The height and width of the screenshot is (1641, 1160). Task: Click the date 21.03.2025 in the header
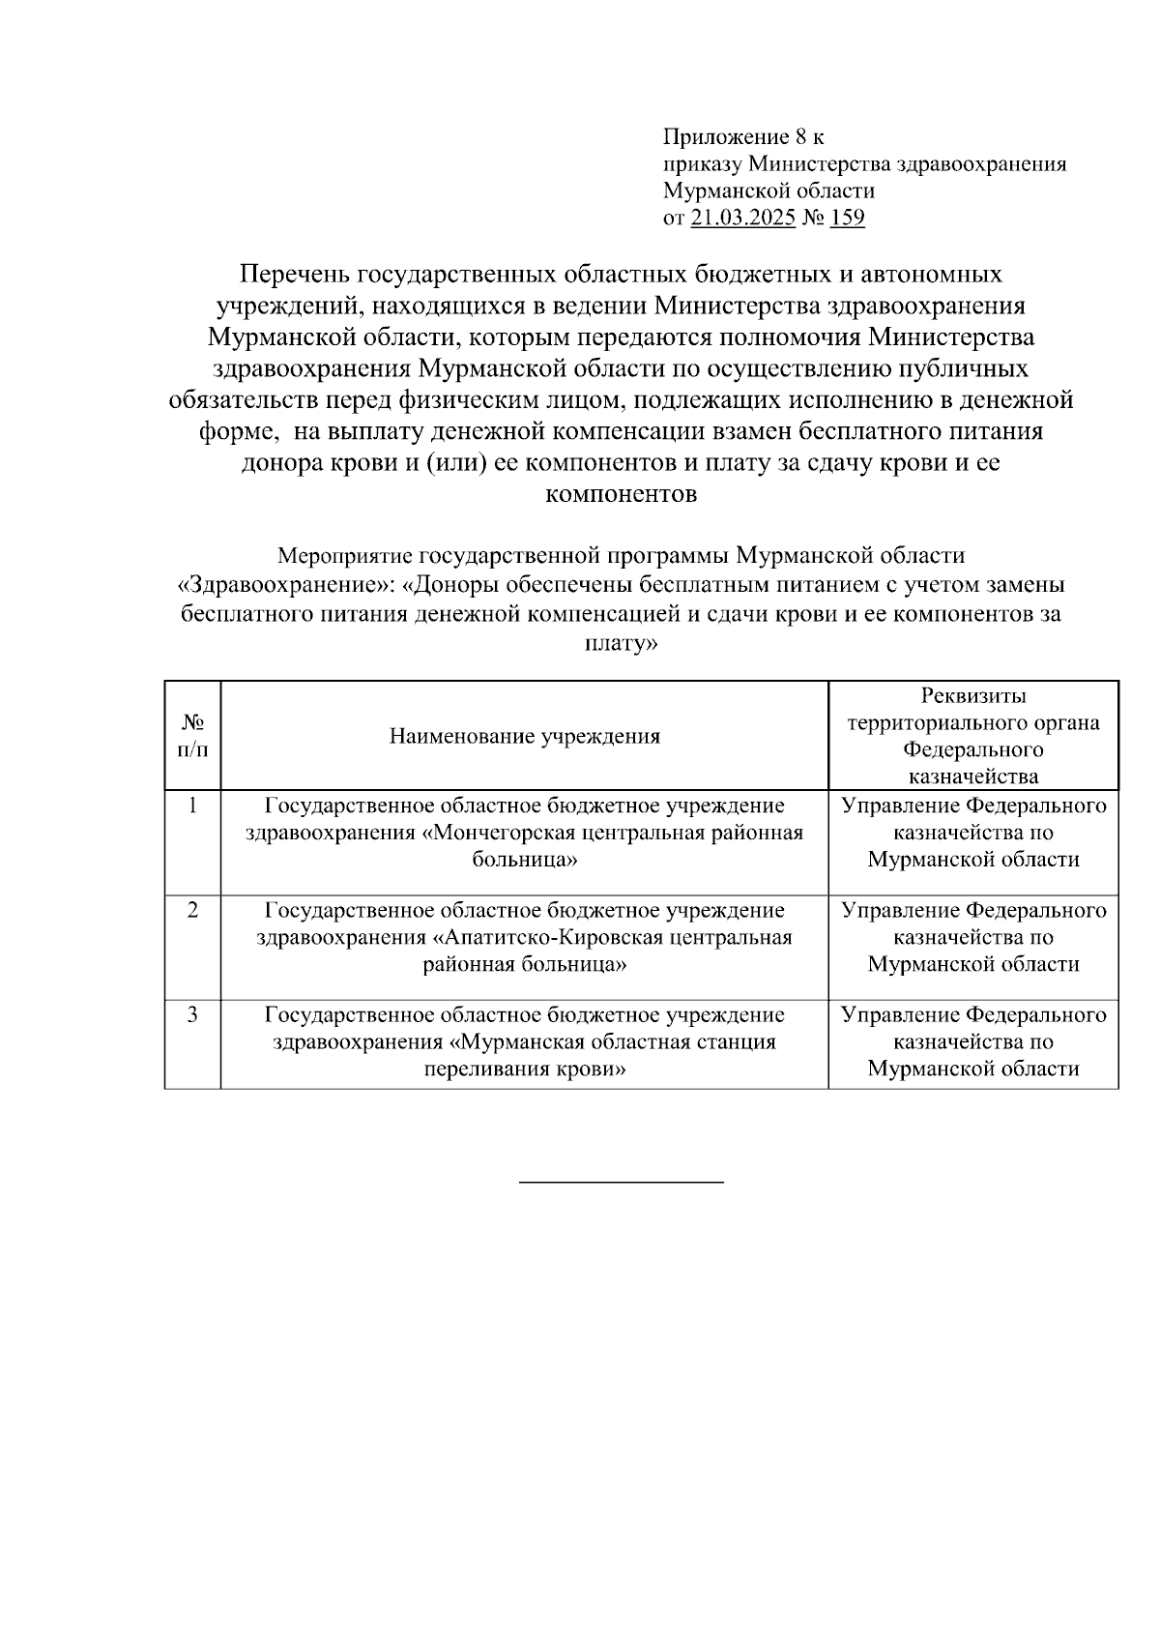pos(742,218)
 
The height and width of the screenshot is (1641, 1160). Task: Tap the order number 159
pos(847,218)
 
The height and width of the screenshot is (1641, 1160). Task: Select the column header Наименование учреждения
pos(524,737)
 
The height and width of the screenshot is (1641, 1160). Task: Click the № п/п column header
pos(192,736)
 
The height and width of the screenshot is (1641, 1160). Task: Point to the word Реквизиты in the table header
pos(972,696)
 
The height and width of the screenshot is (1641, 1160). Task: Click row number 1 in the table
pos(192,806)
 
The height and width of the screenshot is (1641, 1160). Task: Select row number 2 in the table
pos(192,910)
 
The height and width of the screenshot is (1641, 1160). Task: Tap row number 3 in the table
pos(192,1014)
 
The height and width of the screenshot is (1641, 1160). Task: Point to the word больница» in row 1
pos(525,860)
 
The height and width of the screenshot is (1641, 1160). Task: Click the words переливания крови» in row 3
pos(525,1070)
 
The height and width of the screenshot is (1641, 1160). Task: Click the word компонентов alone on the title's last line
pos(621,495)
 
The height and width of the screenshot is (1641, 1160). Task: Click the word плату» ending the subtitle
pos(621,643)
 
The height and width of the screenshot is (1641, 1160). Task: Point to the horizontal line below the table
pos(621,1182)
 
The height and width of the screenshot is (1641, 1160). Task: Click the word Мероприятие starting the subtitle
pos(345,556)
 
